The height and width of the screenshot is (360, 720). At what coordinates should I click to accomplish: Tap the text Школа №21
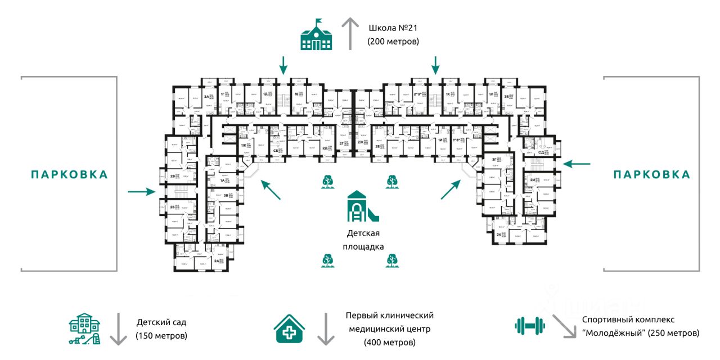[394, 28]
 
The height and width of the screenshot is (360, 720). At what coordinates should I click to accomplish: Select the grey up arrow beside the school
[351, 33]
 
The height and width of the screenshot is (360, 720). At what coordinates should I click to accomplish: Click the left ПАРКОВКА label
[69, 174]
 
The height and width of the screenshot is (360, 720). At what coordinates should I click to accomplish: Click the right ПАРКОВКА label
[651, 174]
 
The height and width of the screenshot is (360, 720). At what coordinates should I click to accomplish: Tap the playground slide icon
[363, 206]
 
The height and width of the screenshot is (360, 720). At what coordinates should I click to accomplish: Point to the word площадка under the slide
[363, 246]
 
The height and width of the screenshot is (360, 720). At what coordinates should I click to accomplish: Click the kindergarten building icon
[85, 328]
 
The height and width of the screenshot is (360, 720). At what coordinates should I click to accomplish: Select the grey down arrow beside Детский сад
[118, 330]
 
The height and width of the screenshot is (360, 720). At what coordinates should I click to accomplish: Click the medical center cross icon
[290, 328]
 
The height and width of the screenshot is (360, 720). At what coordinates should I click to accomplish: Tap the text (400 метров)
[389, 342]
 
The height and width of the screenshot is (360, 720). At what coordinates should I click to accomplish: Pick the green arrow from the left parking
[141, 192]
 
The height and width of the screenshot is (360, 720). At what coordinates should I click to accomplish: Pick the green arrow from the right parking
[577, 164]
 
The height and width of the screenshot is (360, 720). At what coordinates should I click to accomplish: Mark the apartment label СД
[541, 152]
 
